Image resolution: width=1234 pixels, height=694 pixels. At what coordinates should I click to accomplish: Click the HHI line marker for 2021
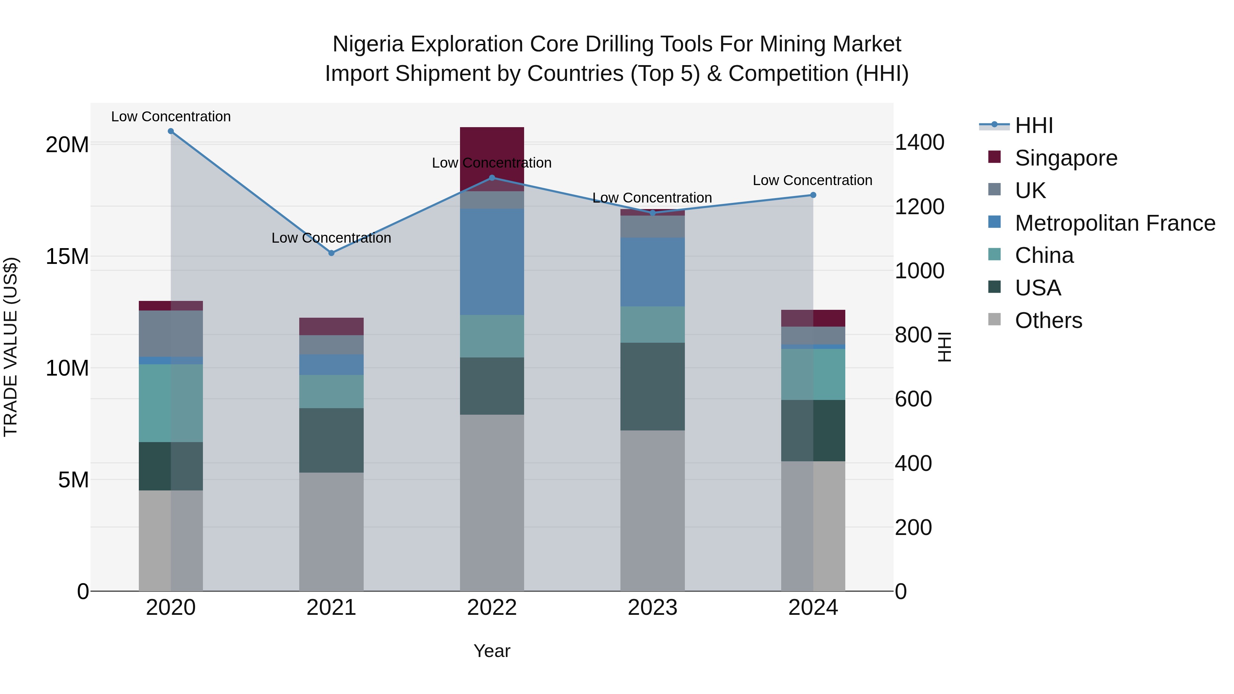click(331, 253)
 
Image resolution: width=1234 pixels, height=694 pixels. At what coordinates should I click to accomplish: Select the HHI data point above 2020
click(171, 131)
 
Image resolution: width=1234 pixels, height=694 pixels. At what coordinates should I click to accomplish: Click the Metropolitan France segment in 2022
click(492, 261)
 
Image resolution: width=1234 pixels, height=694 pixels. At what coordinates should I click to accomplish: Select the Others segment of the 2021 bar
click(331, 532)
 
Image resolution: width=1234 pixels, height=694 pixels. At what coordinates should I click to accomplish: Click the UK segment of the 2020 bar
click(171, 333)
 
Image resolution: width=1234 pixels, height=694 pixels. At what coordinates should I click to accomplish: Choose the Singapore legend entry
click(1065, 158)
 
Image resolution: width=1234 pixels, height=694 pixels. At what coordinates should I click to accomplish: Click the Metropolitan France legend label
click(1115, 223)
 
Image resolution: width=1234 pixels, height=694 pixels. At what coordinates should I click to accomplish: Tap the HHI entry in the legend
click(1034, 125)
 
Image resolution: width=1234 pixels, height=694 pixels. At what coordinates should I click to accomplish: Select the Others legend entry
click(1048, 320)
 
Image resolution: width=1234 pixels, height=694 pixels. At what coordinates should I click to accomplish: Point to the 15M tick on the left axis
click(67, 257)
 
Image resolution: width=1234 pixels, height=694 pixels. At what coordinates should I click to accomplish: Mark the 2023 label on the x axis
click(652, 608)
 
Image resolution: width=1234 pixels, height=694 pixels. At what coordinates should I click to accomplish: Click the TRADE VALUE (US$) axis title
click(11, 347)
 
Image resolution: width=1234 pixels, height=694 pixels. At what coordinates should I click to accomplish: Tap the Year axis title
click(492, 651)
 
